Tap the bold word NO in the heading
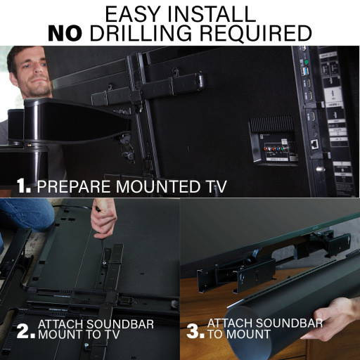67,32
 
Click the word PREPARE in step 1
70,186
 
